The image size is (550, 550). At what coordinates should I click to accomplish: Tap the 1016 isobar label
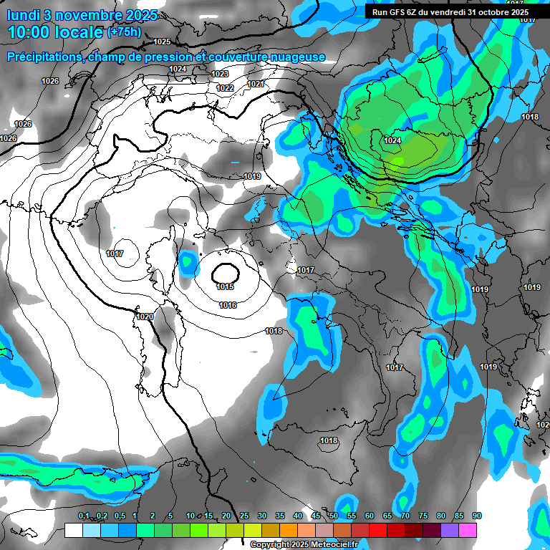228,305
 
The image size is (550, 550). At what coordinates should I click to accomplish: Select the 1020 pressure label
145,317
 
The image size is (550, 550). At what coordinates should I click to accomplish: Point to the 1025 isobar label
162,42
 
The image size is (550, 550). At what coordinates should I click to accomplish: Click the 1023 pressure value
220,74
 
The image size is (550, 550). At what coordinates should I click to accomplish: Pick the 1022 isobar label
225,88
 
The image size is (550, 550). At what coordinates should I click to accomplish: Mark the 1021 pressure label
256,84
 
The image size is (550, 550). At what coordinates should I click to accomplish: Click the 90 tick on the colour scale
477,516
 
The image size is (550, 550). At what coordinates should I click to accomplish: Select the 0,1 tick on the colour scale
84,516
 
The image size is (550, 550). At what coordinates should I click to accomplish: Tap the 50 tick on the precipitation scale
334,516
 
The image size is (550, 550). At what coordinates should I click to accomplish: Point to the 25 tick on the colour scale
244,516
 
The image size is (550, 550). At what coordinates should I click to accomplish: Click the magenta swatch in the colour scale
468,531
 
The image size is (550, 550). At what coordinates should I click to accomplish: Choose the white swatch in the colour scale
74,531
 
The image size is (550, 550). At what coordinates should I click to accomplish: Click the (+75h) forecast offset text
124,32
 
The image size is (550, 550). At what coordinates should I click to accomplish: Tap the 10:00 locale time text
55,32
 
